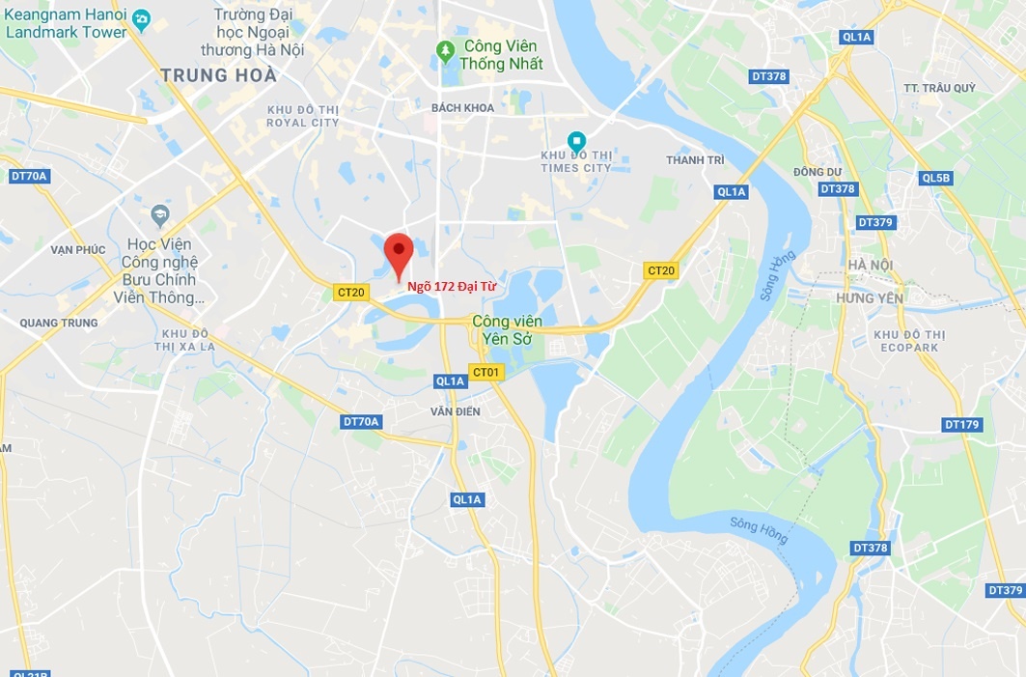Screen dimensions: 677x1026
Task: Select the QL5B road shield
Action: [x=935, y=178]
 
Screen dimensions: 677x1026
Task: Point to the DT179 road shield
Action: [x=961, y=424]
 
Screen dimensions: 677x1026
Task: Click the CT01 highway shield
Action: [x=486, y=372]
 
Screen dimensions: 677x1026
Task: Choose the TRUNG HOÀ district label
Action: [x=219, y=75]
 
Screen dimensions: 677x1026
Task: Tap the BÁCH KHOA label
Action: [x=463, y=108]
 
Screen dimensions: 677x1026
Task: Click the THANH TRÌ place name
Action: [x=695, y=160]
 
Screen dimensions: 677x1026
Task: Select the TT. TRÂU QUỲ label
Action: [x=940, y=88]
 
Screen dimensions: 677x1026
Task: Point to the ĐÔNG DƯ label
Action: [x=818, y=172]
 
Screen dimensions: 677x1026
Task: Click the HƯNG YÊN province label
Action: [x=870, y=298]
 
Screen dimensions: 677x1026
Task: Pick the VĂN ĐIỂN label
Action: [x=456, y=411]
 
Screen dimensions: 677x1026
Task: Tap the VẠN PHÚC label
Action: [x=78, y=249]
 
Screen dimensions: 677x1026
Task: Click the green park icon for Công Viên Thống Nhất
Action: [x=446, y=48]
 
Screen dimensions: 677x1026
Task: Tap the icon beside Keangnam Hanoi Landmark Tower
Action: [x=141, y=17]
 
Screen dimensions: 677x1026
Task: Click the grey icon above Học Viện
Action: [x=160, y=213]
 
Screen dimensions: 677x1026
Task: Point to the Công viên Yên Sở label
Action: [x=507, y=329]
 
